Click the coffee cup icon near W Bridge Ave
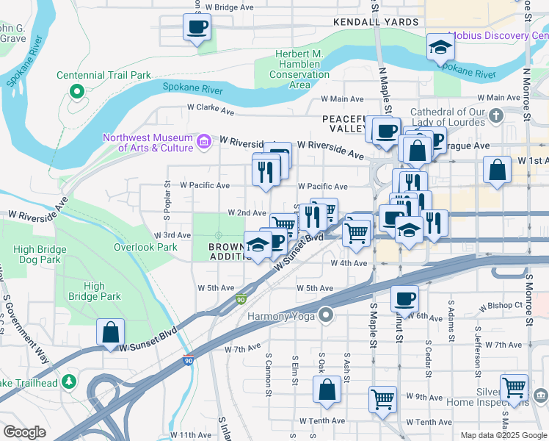(197, 28)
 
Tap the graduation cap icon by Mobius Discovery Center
(440, 47)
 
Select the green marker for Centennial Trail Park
(76, 91)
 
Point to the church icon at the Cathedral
(497, 115)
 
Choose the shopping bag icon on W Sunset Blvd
(110, 331)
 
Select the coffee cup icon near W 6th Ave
(404, 299)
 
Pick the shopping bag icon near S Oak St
(327, 390)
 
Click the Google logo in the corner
(24, 432)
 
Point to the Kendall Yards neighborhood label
(376, 22)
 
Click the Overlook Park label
(145, 247)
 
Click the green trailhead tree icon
(69, 381)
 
